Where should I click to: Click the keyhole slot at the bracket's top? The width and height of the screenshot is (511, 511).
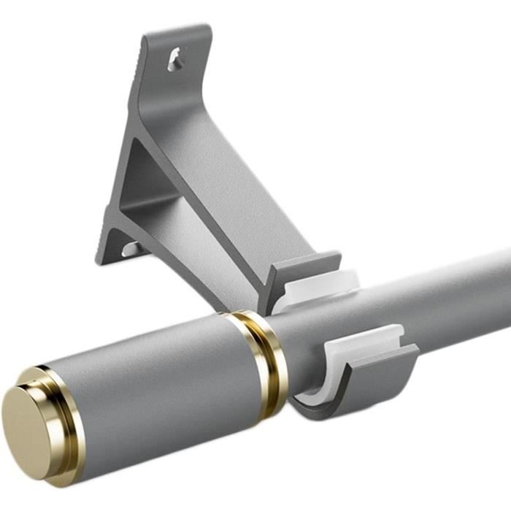(x=175, y=59)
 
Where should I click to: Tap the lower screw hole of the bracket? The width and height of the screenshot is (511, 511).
(x=131, y=248)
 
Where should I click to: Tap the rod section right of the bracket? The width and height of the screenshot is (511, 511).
(x=453, y=292)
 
